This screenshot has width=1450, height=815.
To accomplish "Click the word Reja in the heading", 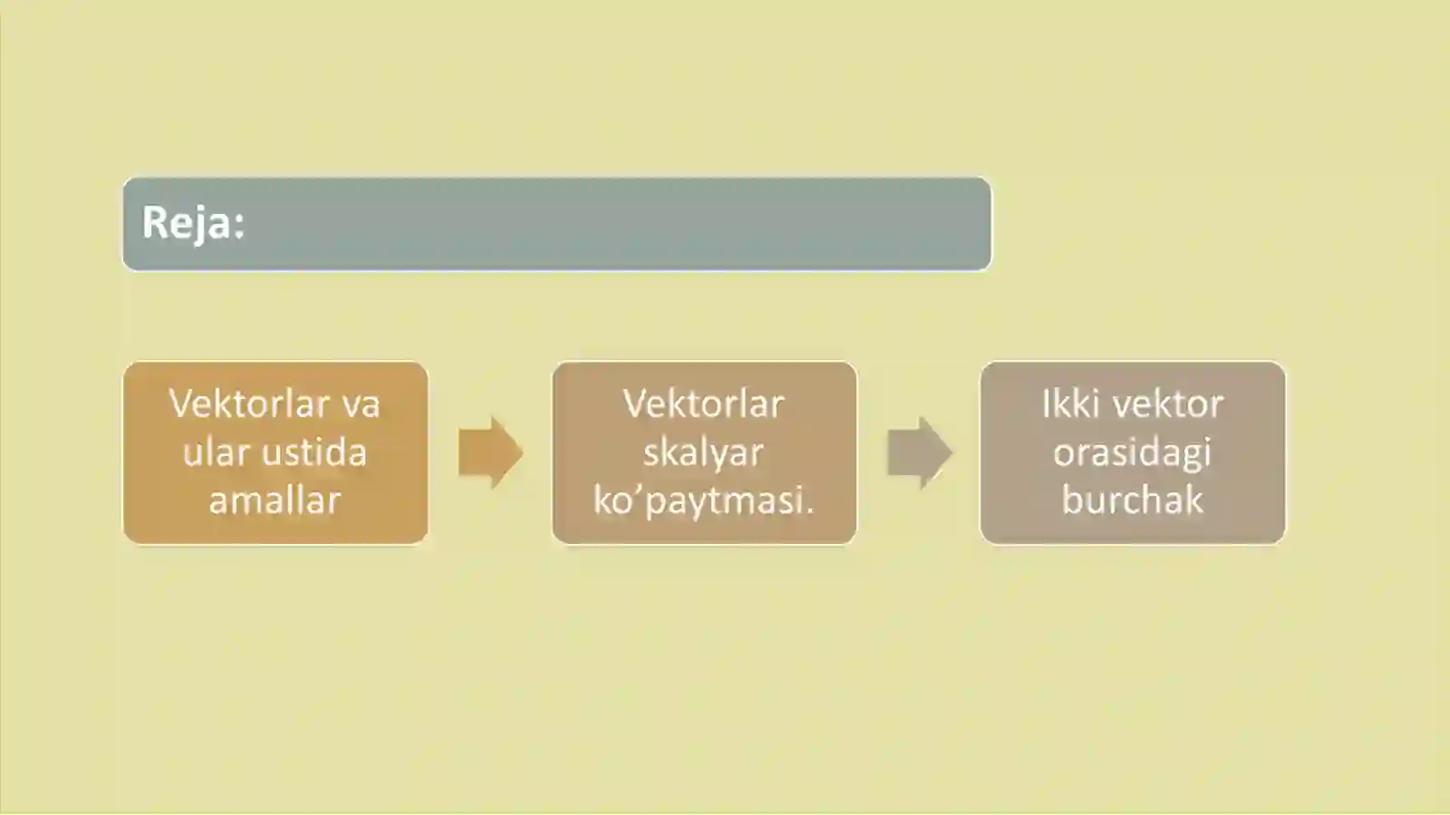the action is click(x=186, y=224).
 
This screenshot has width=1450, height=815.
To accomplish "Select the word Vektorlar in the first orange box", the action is click(x=249, y=404).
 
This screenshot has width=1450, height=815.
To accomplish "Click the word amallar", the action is click(x=275, y=500).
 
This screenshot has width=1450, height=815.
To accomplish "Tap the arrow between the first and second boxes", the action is click(x=490, y=452).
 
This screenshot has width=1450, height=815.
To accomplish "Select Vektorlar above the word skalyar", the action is click(x=703, y=404).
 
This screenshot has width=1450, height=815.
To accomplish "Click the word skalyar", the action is click(x=703, y=452).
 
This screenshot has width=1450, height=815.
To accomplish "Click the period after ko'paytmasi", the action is click(x=808, y=511).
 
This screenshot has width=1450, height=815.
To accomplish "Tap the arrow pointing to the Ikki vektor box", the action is click(x=920, y=452).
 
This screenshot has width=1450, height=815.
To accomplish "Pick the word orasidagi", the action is click(x=1132, y=452).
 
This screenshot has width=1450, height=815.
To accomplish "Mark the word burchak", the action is click(x=1132, y=500).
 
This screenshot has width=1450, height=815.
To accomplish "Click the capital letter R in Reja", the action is click(x=155, y=223).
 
